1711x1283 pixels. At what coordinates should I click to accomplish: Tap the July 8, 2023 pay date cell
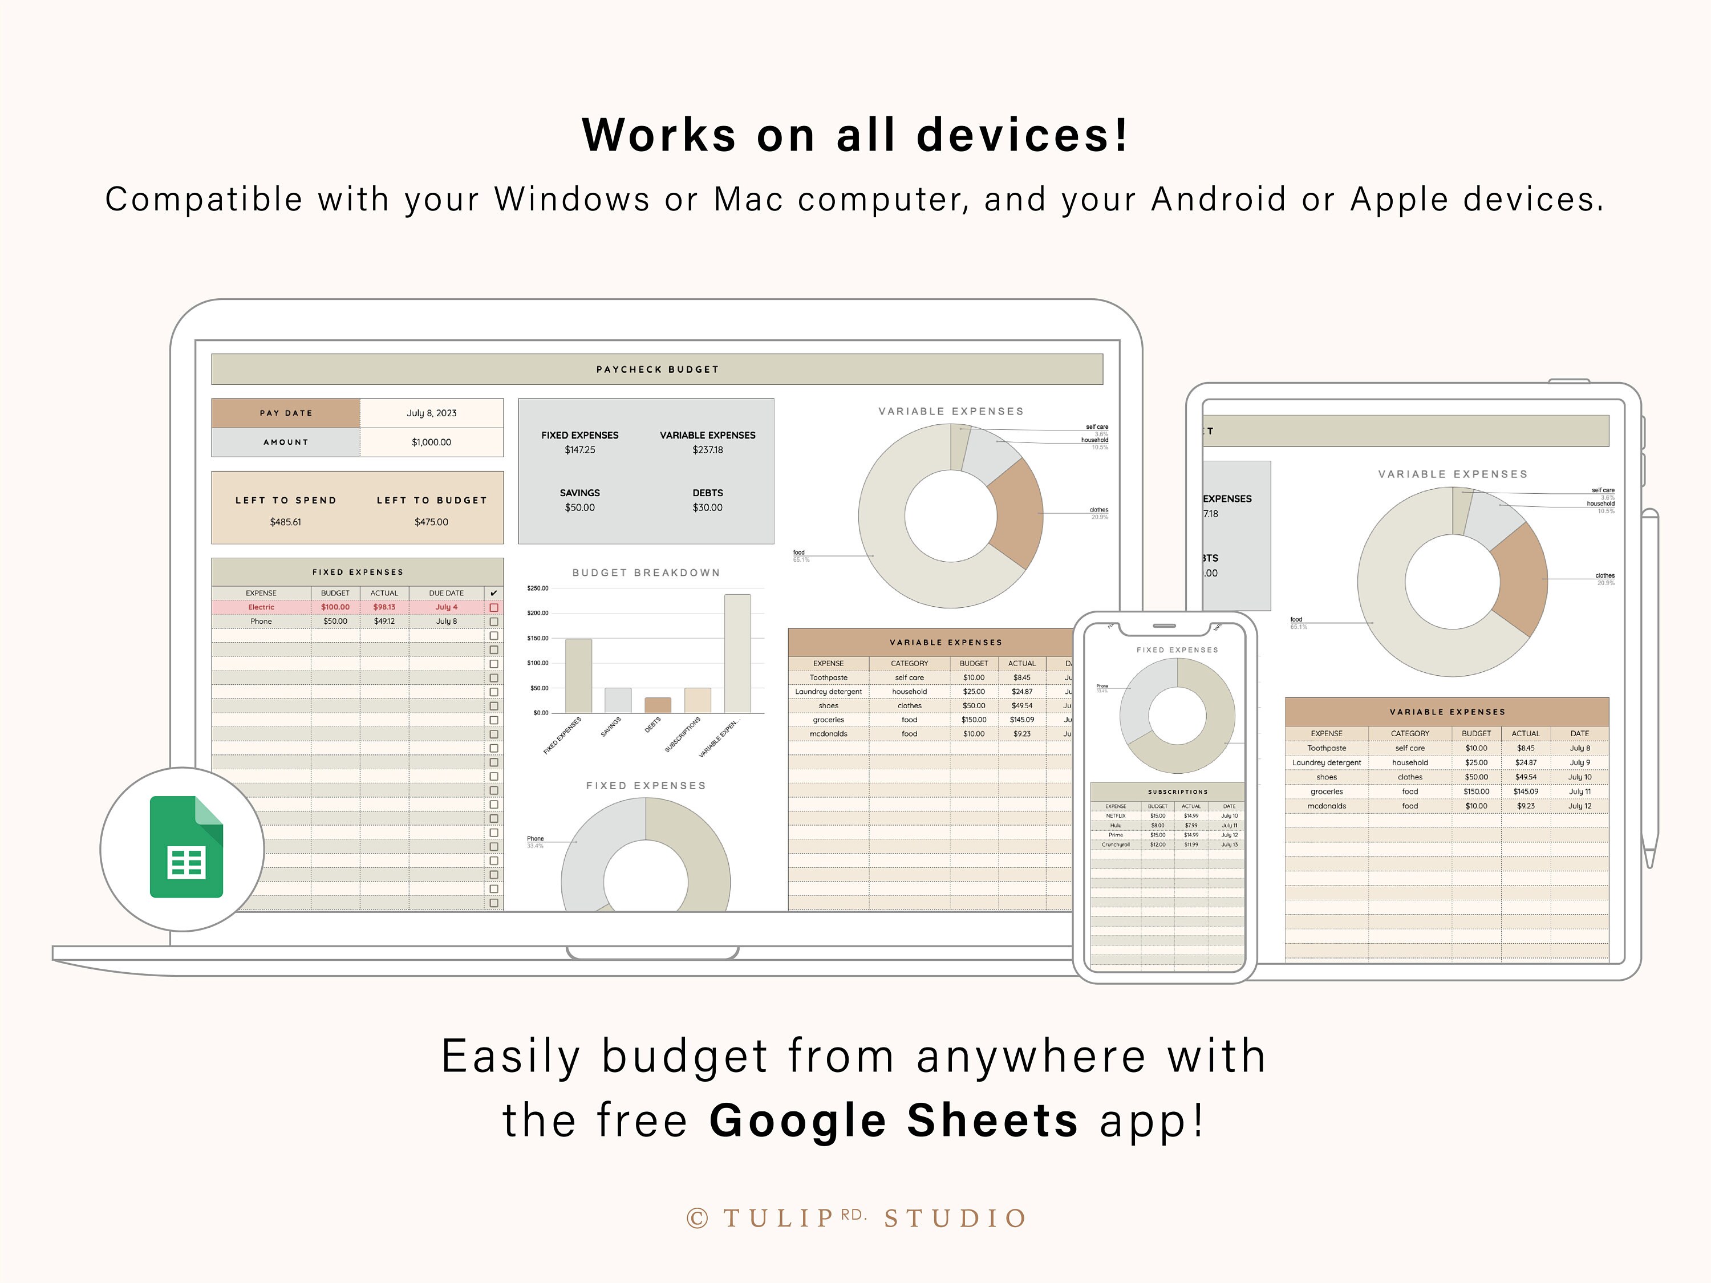click(432, 413)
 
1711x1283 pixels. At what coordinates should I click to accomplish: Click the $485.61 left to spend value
click(285, 522)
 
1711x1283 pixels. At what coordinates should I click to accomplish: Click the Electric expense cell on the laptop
click(261, 607)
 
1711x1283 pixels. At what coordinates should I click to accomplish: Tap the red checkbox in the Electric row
click(493, 608)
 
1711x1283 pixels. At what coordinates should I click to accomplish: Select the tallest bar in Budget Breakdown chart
click(737, 653)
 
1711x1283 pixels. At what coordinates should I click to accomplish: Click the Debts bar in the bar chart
click(658, 705)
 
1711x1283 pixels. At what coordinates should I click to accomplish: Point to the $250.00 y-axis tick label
click(538, 588)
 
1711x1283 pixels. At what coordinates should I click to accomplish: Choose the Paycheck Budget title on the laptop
click(658, 370)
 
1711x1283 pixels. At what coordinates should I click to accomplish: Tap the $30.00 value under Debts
click(707, 508)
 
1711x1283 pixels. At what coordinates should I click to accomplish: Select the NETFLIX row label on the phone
click(1116, 816)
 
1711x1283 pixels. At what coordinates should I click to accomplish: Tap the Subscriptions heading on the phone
click(1177, 792)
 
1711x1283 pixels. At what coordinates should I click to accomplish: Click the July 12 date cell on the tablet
click(1579, 806)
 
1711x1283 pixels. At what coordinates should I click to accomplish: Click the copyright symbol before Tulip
click(697, 1219)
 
